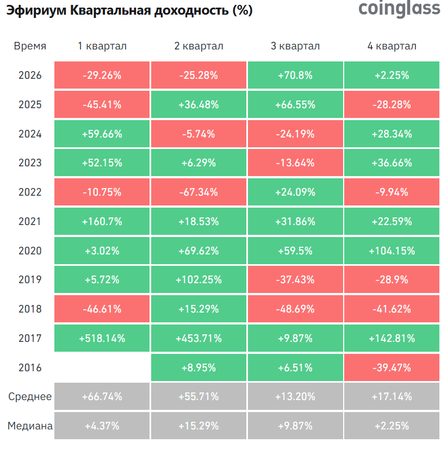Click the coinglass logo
coord(399,9)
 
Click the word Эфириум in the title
coord(36,10)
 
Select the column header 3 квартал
coord(295,46)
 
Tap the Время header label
coord(30,46)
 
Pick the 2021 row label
coord(30,221)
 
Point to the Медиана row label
coord(30,426)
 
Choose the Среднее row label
coord(30,396)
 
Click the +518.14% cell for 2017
coord(102,338)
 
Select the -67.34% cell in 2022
coord(198,192)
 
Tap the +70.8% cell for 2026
coord(295,75)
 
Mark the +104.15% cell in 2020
coord(392,251)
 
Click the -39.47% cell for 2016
coord(392,367)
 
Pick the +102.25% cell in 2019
coord(198,279)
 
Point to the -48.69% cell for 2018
coord(295,309)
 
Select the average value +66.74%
coord(102,396)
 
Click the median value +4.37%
coord(102,426)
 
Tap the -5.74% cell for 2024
coord(198,134)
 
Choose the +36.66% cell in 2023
coord(392,163)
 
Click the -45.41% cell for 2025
coord(102,104)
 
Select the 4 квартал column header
coord(392,46)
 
